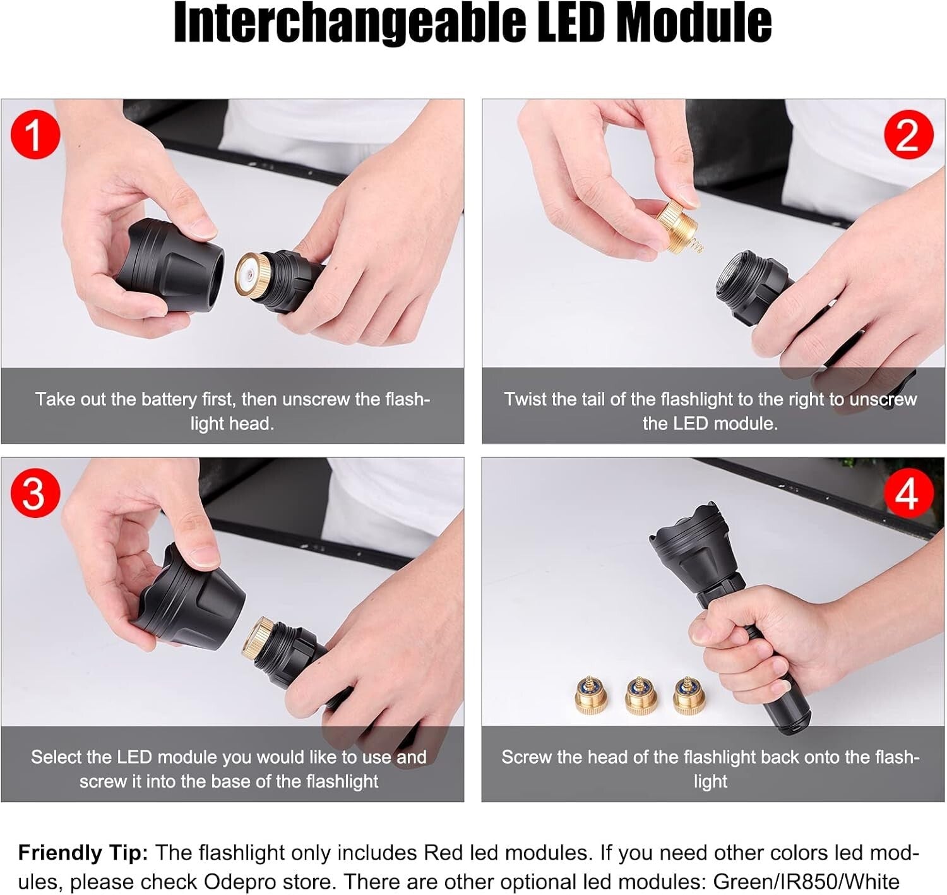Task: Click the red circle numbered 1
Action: (x=35, y=135)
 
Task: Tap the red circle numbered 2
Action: (x=908, y=135)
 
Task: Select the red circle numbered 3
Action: (x=35, y=493)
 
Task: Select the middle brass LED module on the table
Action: (x=641, y=696)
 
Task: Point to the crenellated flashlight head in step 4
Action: (x=688, y=543)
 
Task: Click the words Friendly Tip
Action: (x=83, y=853)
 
